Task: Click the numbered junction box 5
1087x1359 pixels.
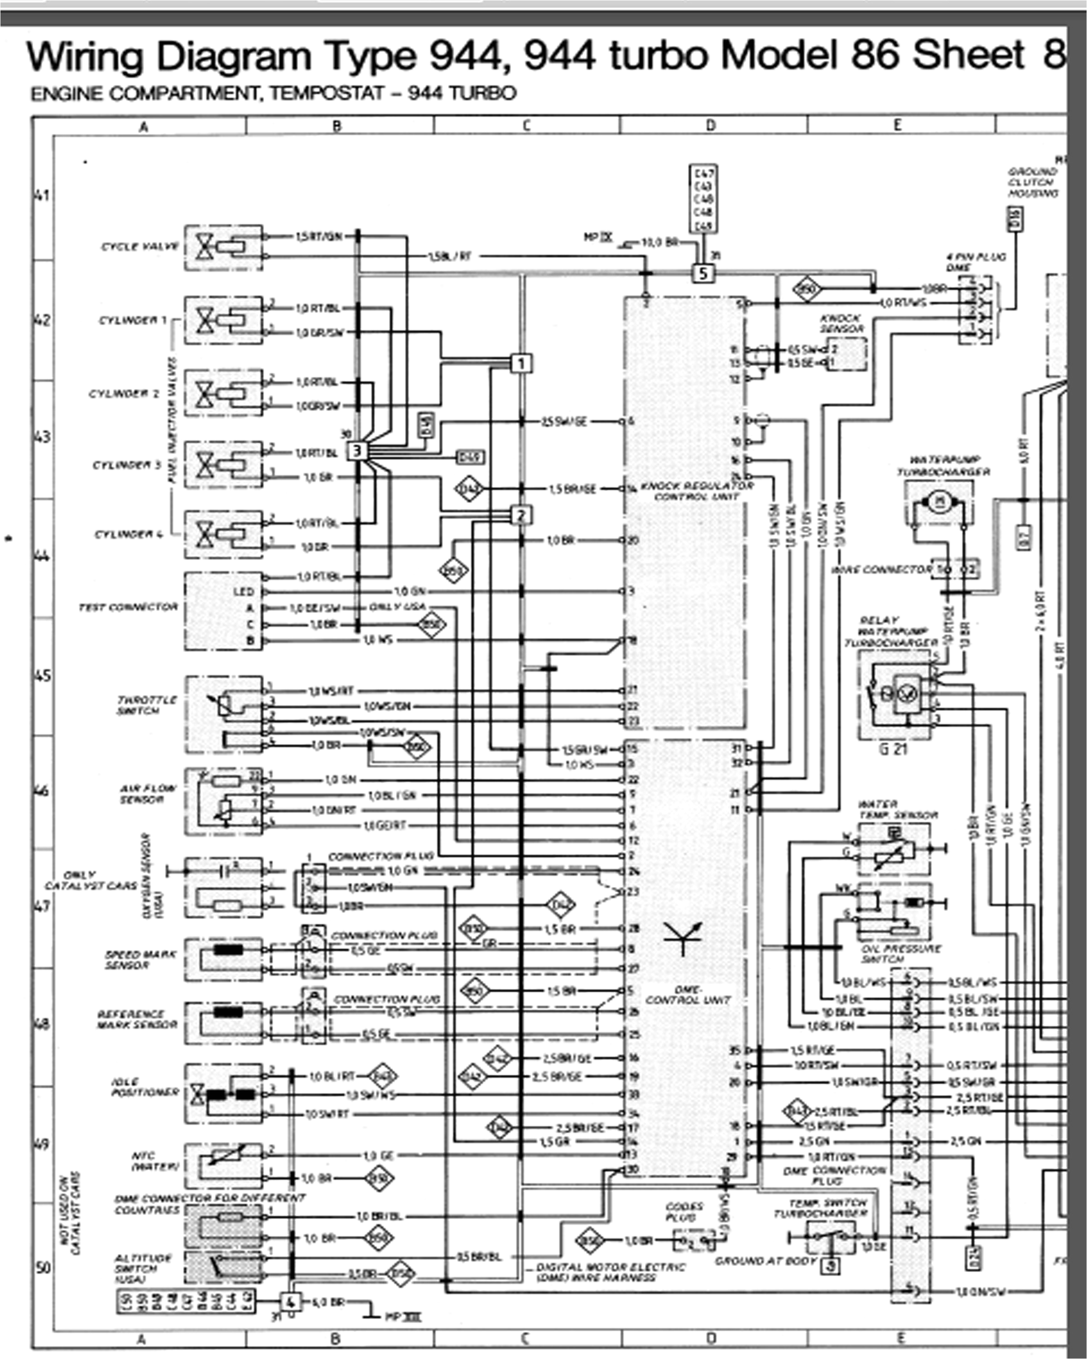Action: pos(703,273)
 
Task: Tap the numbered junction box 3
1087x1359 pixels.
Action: pos(356,451)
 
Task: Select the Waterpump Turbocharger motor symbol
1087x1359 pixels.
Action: pos(937,502)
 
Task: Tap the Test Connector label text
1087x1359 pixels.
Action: pos(128,607)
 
